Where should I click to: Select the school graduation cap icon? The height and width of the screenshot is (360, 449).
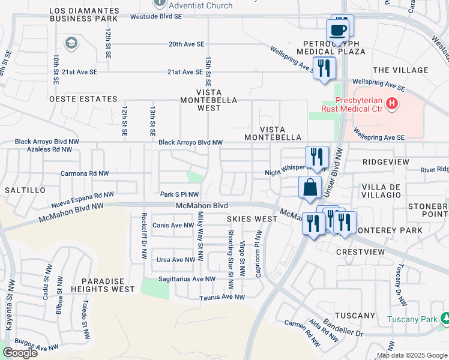pos(71,43)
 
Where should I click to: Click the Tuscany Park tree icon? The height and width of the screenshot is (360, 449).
pos(445,319)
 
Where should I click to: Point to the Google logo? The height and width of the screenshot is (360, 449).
pos(20,353)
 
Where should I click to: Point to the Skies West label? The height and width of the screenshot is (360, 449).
pos(252,219)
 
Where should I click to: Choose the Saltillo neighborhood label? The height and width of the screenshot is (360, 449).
pos(25,190)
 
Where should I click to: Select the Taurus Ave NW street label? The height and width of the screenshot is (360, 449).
pos(222,297)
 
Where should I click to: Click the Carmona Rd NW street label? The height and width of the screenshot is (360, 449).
pos(85,173)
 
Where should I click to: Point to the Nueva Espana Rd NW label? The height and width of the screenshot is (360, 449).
pos(82,198)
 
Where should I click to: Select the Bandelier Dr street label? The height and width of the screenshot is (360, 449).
pos(345,327)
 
